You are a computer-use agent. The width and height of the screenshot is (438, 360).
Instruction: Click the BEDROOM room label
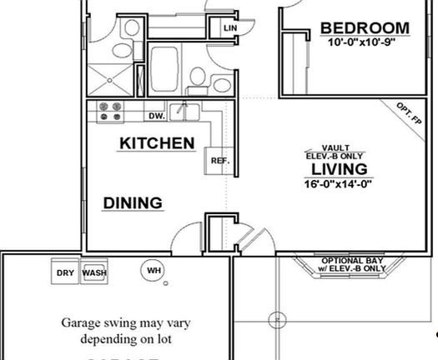(365, 29)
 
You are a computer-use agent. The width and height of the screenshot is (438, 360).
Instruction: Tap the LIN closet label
(230, 28)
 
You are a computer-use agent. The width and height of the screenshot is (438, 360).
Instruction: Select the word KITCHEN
(158, 143)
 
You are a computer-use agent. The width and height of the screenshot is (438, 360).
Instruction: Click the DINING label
(133, 202)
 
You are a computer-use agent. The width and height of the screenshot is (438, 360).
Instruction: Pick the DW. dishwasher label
(156, 116)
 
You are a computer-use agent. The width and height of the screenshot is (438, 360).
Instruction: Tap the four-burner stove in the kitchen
(109, 111)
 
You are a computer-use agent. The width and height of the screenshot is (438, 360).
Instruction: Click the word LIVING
(339, 169)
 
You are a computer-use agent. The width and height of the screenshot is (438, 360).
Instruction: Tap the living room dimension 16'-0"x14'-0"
(339, 184)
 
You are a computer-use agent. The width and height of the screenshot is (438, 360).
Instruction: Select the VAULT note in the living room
(335, 147)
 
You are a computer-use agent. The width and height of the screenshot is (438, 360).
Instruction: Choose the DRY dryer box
(65, 272)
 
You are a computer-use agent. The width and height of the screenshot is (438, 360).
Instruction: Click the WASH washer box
(94, 272)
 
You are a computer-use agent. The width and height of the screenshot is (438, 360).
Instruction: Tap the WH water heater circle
(154, 270)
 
